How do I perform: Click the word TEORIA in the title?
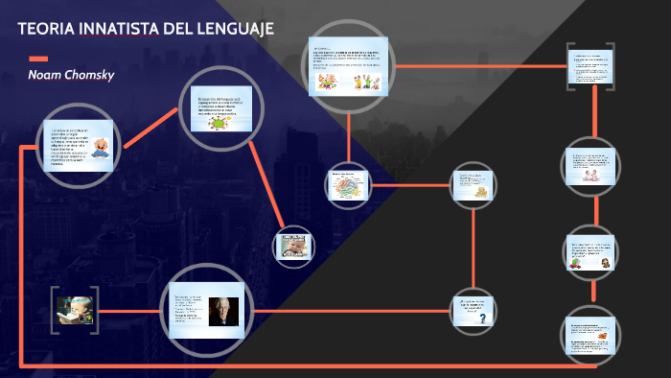[x=43, y=30]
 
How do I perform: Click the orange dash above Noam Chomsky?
[x=38, y=59]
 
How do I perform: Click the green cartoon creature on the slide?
[x=223, y=122]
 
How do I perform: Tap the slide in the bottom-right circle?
[x=588, y=336]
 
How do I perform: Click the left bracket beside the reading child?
[x=55, y=310]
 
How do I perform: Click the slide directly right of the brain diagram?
[x=474, y=185]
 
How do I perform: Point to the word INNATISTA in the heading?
[x=119, y=30]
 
